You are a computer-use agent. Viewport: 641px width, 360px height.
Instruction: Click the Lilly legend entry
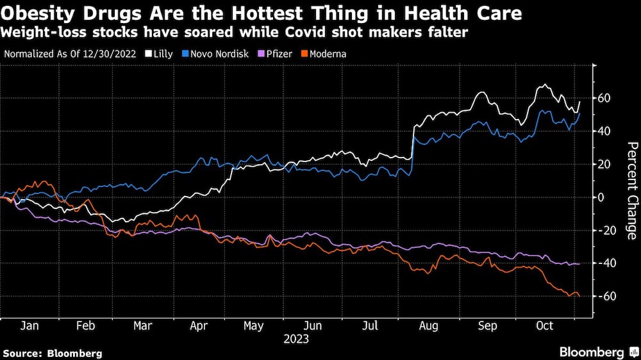[x=159, y=54]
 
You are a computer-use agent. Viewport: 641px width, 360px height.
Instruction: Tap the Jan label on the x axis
[x=29, y=326]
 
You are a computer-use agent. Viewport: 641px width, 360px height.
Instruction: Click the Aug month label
[x=429, y=326]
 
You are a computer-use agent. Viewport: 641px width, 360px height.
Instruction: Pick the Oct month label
[x=544, y=326]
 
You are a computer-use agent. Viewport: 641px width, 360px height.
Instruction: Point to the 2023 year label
[x=296, y=339]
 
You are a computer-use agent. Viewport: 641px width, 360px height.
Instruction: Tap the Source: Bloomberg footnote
[x=53, y=353]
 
